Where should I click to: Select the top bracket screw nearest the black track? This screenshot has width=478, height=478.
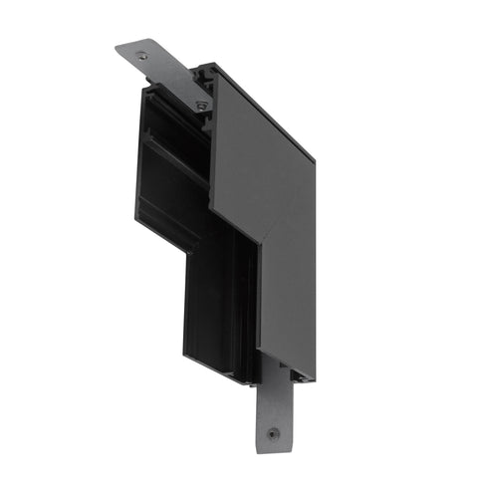pos(202,104)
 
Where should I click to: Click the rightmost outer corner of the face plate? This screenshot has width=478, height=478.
pos(315,159)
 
